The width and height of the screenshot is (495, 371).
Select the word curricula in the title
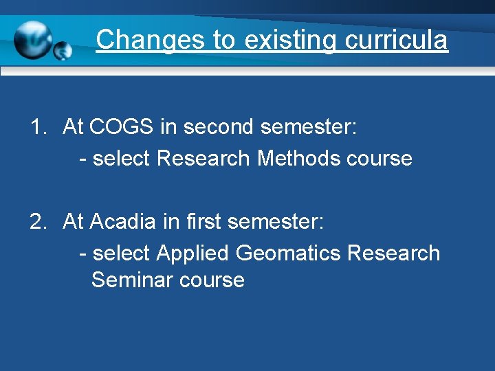(x=396, y=40)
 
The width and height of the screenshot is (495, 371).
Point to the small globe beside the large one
(x=63, y=50)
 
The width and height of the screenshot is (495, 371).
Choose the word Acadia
(x=123, y=222)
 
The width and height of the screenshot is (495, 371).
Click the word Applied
(x=193, y=254)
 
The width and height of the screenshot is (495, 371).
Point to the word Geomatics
(x=288, y=254)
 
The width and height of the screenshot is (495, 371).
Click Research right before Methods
(x=203, y=159)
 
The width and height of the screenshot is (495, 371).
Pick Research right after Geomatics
(x=393, y=254)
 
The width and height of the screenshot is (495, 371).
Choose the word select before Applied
(x=122, y=254)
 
